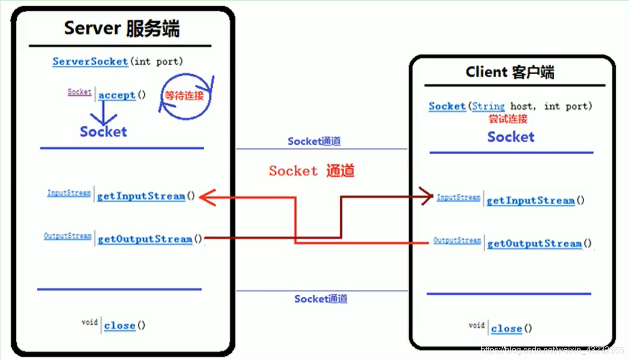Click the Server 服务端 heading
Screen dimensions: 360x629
coord(122,28)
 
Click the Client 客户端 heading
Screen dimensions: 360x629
coord(510,72)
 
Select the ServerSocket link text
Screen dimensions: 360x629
coord(91,62)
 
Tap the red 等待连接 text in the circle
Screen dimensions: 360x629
coord(184,96)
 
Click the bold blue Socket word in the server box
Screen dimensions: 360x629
coord(103,132)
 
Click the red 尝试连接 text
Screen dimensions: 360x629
coord(508,119)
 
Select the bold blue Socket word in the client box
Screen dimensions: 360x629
coord(511,137)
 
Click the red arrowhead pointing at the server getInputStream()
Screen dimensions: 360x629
coord(207,197)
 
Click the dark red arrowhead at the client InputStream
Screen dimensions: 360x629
coord(427,196)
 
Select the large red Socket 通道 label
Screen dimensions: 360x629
coord(312,171)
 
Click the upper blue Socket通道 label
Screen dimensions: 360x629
coord(314,141)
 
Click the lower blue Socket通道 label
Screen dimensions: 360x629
coord(321,298)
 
